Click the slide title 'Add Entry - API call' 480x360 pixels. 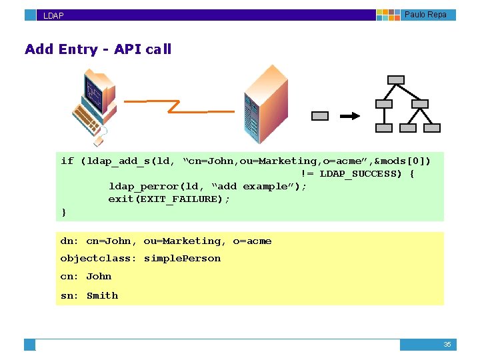coord(98,49)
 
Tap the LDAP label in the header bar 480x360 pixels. coord(53,15)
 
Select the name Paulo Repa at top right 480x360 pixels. coord(425,15)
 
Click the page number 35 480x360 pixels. coord(447,345)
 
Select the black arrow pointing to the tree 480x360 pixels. coord(350,116)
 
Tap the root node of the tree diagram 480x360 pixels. coord(396,80)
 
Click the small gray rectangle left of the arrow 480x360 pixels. coord(320,116)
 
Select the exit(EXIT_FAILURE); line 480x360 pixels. coord(169,199)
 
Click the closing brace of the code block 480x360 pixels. coord(64,211)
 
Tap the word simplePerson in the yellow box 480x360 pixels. coord(182,259)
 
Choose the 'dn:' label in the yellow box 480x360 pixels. coord(69,241)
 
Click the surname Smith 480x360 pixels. coord(102,295)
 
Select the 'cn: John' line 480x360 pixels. coord(86,277)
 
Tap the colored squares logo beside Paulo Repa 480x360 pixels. coord(388,15)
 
